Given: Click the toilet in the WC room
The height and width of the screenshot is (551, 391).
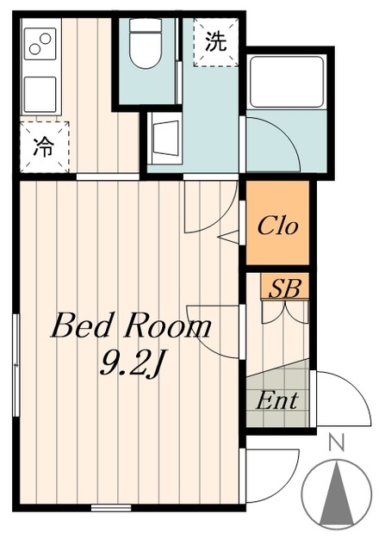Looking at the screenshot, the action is coord(146,43).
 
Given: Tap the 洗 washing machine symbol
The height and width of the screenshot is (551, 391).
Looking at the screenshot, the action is coord(215,42).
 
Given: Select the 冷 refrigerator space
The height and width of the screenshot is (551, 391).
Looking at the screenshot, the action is coord(44,147).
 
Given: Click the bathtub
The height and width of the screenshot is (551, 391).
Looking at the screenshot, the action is coord(286,82).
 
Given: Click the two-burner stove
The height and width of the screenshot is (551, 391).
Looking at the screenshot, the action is coord(40,44).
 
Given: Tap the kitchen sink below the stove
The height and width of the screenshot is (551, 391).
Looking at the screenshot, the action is coord(40,94).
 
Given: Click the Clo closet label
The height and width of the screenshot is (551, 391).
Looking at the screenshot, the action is coord(278,226).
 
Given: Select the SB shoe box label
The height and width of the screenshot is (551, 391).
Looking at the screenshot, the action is coord(284,289).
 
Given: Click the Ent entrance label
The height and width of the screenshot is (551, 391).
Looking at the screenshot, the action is coord(277,400).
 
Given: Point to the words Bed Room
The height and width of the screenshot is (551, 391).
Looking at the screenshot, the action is coord(132,327).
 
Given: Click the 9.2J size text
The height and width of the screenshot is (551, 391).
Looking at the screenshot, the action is coord(131,364).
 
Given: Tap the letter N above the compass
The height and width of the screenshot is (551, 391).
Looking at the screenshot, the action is coord(337,443).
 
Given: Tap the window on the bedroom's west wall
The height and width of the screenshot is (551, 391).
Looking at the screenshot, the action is coord(16,365).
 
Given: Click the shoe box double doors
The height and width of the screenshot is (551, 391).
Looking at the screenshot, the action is coord(285,311).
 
